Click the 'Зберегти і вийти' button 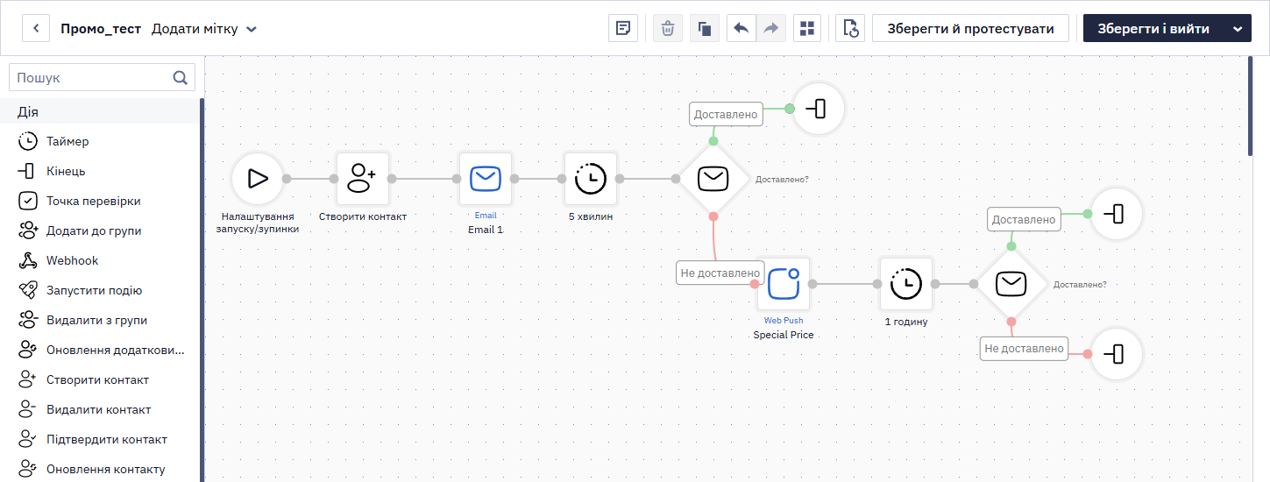[1153, 28]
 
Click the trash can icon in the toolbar [667, 28]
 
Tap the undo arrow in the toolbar [741, 28]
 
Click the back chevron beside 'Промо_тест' [36, 28]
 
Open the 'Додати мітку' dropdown [204, 29]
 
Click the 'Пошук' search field [102, 77]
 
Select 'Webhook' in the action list [72, 260]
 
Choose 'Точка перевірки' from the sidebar [93, 201]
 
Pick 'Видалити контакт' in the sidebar [98, 409]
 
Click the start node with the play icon [258, 179]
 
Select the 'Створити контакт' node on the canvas [363, 179]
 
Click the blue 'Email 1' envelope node [486, 179]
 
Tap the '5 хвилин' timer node [590, 179]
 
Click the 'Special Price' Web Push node [784, 284]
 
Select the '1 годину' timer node [906, 284]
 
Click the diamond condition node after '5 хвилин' [713, 179]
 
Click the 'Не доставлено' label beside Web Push [720, 273]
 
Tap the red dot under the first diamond [713, 216]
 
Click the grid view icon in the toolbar [807, 28]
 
